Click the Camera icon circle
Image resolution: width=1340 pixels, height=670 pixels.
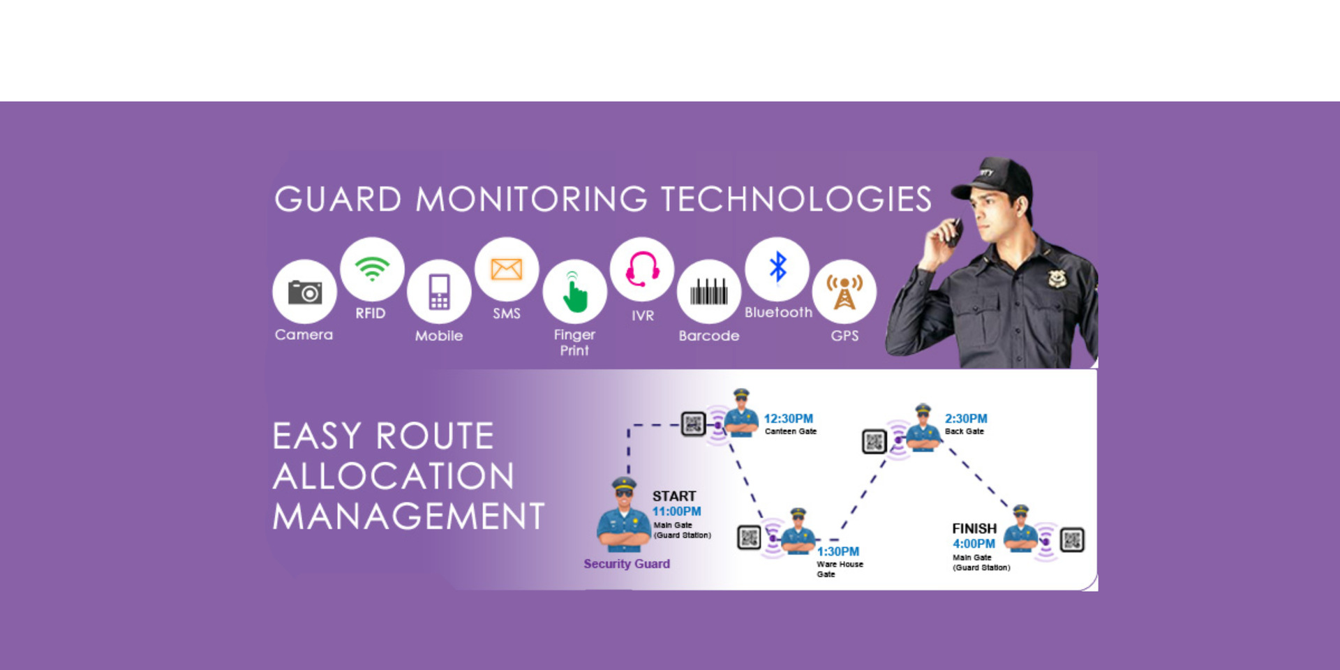(304, 292)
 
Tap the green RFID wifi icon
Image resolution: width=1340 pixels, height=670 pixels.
(372, 269)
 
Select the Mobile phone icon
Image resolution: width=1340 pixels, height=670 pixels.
(439, 292)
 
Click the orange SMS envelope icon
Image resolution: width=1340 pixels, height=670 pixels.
(507, 269)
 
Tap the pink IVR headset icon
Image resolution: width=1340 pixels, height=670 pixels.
(642, 269)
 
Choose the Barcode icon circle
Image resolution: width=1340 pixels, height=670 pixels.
(709, 292)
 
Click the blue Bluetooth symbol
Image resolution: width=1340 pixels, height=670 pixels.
(777, 268)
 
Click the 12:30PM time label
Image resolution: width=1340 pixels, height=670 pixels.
(788, 419)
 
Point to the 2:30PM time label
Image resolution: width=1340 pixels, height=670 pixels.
(966, 419)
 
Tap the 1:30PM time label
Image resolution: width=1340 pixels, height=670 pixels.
(838, 551)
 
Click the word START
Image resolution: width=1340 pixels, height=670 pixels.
(674, 496)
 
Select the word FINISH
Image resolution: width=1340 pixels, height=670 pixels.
(974, 529)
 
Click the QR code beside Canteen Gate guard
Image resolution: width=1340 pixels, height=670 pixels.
(693, 424)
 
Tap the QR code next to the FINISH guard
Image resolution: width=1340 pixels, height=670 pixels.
(1072, 539)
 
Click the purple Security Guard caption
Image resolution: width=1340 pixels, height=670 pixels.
(627, 564)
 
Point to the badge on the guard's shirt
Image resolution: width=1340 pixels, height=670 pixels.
(1057, 278)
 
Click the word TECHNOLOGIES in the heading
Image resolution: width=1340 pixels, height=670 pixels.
(796, 200)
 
